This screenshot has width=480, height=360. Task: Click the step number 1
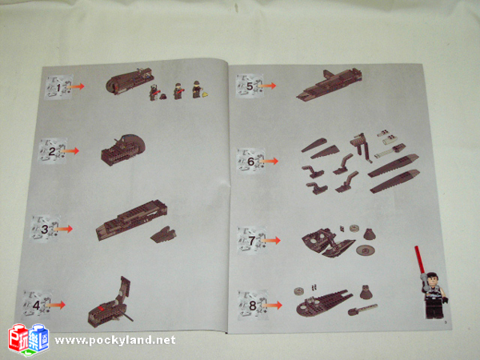[x=58, y=88]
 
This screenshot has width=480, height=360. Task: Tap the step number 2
[x=52, y=151]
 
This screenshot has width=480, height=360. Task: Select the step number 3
[x=45, y=230]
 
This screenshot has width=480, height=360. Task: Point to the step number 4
[x=37, y=306]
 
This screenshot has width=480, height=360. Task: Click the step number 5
[x=250, y=86]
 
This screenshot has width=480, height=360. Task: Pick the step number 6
[x=250, y=162]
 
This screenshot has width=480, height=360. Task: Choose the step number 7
[x=252, y=241]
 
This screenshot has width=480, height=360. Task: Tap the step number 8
[x=253, y=306]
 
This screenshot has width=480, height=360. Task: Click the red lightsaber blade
[x=419, y=259]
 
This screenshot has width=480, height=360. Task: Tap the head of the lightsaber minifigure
[x=433, y=278]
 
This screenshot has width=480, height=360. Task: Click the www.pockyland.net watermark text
[x=115, y=341]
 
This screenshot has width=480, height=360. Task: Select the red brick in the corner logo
[x=18, y=338]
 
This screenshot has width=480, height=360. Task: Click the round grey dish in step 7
[x=366, y=250]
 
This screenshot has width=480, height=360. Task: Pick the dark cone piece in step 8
[x=366, y=292]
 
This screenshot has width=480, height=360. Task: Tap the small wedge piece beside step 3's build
[x=163, y=234]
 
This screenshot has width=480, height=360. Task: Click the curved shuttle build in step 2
[x=123, y=150]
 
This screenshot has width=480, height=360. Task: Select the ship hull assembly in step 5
[x=329, y=84]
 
